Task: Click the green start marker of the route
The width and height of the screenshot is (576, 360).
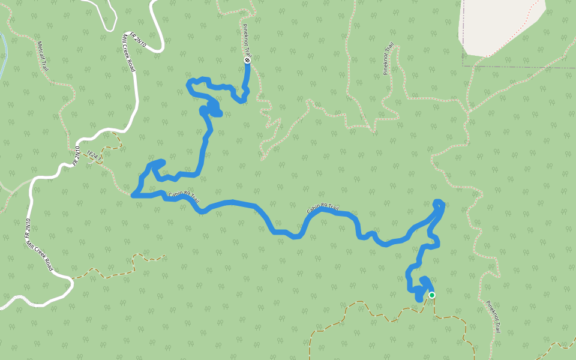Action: click(431, 295)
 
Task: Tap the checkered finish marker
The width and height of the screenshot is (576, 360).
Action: click(247, 60)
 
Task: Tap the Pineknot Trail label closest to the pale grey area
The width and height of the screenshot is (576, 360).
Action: click(389, 58)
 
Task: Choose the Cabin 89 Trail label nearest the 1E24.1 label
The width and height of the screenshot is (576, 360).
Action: click(183, 197)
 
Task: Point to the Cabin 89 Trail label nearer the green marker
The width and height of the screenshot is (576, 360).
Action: click(323, 209)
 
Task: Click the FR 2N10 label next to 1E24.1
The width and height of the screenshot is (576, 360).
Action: click(76, 155)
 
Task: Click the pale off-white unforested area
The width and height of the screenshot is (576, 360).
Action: click(498, 24)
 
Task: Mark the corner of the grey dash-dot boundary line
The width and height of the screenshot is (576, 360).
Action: click(463, 65)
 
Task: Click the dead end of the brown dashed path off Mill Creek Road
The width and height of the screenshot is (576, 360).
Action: click(164, 257)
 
